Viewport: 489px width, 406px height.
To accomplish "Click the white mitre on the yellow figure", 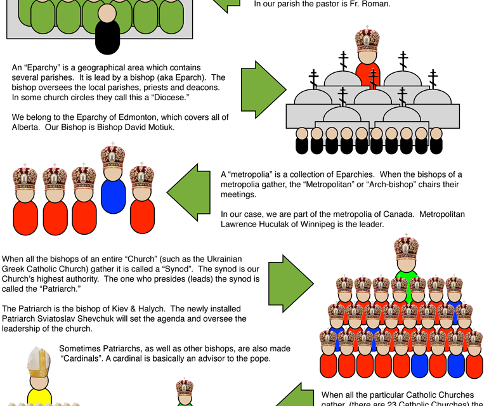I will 39,362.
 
